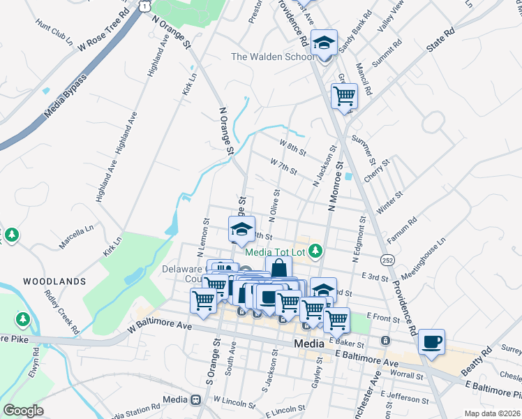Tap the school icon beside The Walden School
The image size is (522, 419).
[x=324, y=44]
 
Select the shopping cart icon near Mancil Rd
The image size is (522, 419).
[x=343, y=96]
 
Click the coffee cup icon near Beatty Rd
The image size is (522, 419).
[x=432, y=341]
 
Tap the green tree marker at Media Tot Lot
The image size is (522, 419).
[x=316, y=250]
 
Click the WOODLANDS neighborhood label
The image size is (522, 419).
[x=54, y=281]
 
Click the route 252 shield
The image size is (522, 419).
[x=389, y=260]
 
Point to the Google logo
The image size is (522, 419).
[x=23, y=411]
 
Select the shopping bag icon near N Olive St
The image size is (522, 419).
[x=278, y=267]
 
